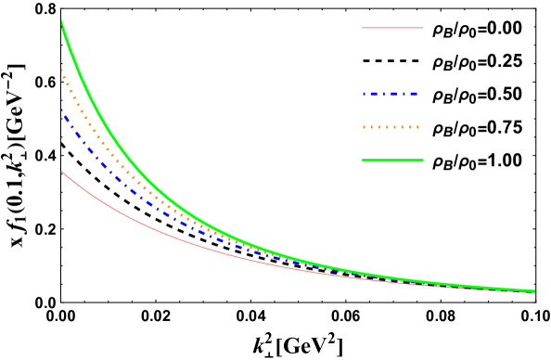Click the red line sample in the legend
tap(392, 28)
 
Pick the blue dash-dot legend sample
tap(391, 94)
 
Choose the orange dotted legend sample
tap(391, 127)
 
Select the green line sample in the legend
tap(392, 161)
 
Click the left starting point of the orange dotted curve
tap(62, 71)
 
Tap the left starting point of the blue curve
tap(62, 111)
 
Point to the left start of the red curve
tap(62, 172)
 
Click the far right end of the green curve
tap(534, 290)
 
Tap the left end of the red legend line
tap(363, 28)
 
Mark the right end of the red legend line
tap(423, 28)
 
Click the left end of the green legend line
tap(363, 161)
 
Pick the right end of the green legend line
tap(423, 161)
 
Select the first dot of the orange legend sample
tap(364, 127)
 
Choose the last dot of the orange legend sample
tap(417, 127)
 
